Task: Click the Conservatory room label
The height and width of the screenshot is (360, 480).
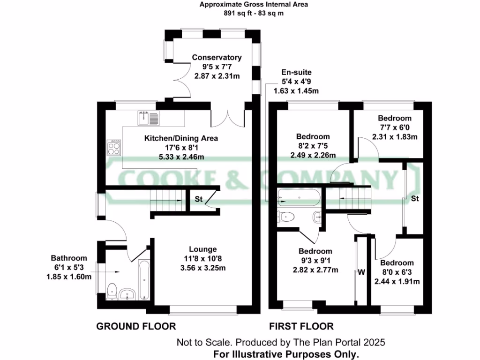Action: pyautogui.click(x=217, y=58)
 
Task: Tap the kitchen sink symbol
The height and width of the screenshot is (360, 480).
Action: pyautogui.click(x=149, y=118)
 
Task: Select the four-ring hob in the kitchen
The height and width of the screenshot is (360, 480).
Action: pyautogui.click(x=114, y=148)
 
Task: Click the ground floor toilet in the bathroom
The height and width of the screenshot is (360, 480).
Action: pyautogui.click(x=112, y=291)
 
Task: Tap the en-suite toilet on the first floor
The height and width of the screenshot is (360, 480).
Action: pyautogui.click(x=286, y=217)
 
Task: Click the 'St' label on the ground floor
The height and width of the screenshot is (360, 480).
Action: pyautogui.click(x=199, y=199)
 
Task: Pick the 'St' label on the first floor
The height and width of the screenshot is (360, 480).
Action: pyautogui.click(x=414, y=199)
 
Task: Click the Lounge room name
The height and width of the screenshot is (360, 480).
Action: pyautogui.click(x=203, y=249)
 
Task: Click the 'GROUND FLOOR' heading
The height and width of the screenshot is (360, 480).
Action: pyautogui.click(x=136, y=326)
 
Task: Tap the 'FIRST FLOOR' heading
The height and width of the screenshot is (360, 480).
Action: pyautogui.click(x=301, y=326)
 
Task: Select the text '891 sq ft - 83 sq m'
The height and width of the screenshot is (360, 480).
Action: pyautogui.click(x=254, y=14)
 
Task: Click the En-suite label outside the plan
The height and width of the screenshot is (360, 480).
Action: pyautogui.click(x=296, y=73)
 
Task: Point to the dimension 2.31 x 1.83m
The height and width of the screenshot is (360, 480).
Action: pyautogui.click(x=395, y=137)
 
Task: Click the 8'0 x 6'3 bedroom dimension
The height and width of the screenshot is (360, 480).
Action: pyautogui.click(x=397, y=272)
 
